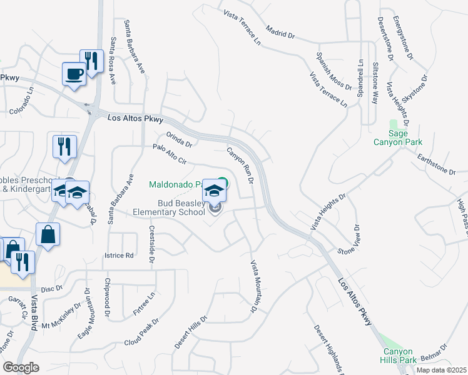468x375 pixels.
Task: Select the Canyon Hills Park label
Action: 398,356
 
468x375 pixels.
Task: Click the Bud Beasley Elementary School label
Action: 169,207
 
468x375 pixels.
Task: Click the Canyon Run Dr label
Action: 240,165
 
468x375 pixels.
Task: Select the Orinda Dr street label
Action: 178,140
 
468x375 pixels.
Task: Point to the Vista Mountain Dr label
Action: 255,286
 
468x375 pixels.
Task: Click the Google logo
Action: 21,367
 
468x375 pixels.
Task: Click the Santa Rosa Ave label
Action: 113,61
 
